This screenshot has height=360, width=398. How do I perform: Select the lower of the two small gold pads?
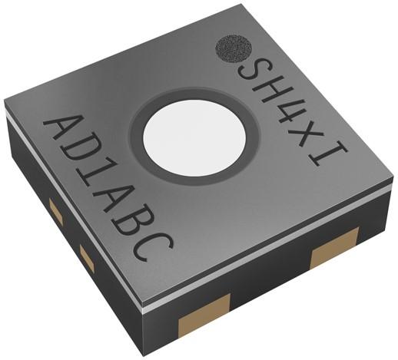pyautogui.click(x=87, y=259)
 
